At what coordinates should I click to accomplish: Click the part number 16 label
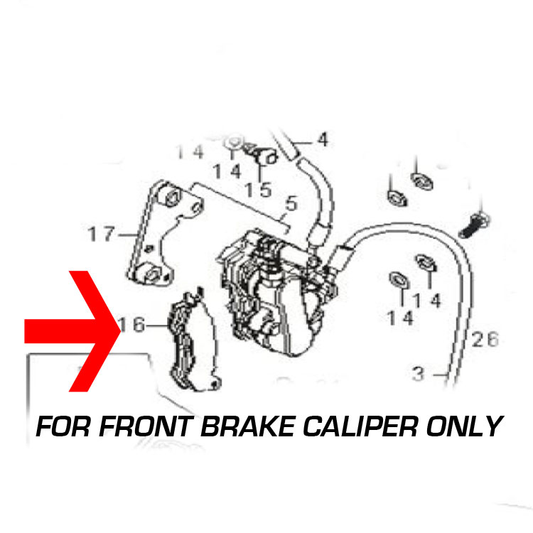pos(133,324)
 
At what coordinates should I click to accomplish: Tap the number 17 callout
pos(102,234)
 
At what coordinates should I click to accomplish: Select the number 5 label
pos(291,203)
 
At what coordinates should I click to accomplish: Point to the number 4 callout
pos(323,140)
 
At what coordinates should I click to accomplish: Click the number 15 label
pos(259,190)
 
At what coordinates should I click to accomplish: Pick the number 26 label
pos(485,339)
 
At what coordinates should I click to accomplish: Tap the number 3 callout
pos(418,373)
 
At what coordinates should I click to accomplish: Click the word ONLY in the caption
pos(465,426)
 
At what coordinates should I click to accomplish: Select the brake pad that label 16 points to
pos(194,340)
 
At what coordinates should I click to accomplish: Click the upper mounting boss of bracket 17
pos(169,196)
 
